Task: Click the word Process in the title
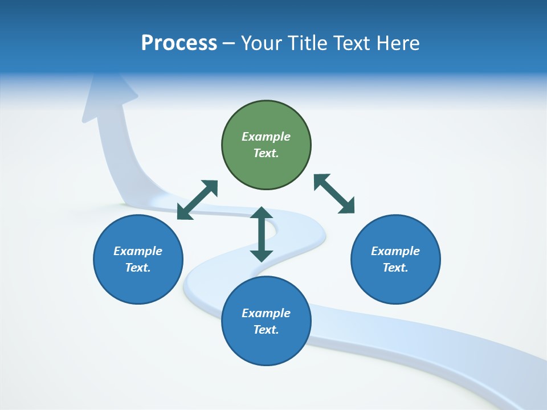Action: pos(179,43)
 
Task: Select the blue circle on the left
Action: pos(138,285)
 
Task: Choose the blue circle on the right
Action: pos(395,285)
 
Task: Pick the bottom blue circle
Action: pos(266,347)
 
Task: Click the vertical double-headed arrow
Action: pos(262,234)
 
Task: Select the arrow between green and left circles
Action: pos(197,200)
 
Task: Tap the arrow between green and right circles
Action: pos(334,194)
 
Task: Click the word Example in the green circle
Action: pos(266,137)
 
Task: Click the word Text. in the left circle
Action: pos(138,268)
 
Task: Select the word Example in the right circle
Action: pos(395,251)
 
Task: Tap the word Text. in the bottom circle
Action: pos(266,330)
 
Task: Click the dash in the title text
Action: pos(229,44)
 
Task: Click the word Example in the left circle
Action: pos(138,251)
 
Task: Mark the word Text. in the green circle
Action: pos(266,153)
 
